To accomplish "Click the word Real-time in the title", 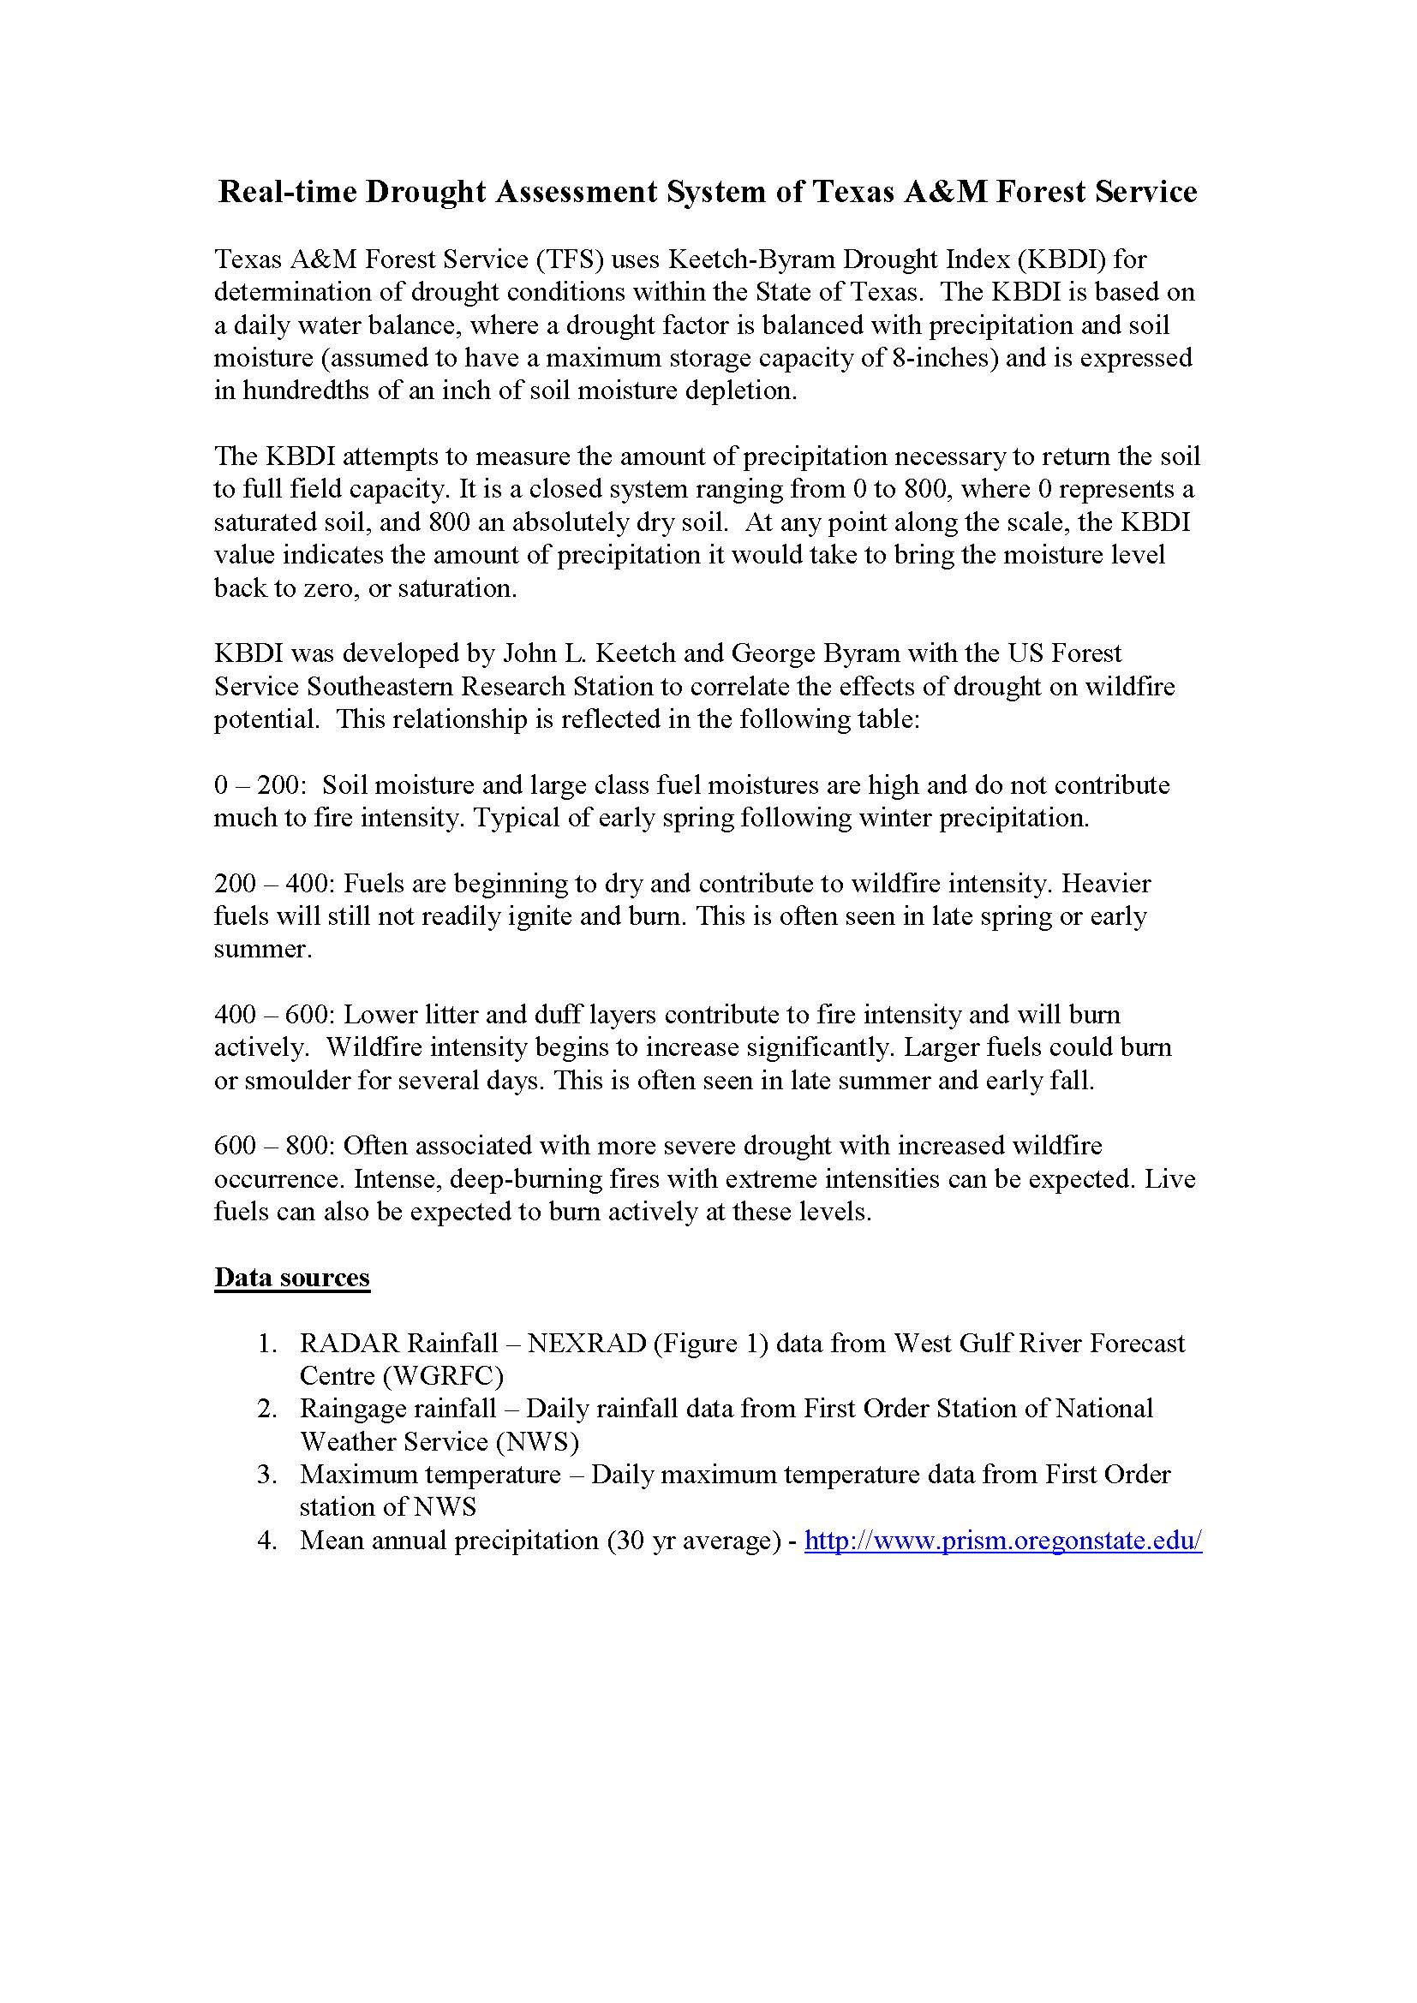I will [x=287, y=191].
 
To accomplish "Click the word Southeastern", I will [x=380, y=687].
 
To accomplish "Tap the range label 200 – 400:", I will [x=274, y=884].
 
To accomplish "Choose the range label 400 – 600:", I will [x=274, y=1015].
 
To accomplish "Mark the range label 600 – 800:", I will [x=274, y=1146].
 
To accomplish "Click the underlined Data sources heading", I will [x=292, y=1278].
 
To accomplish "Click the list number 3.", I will [x=266, y=1475].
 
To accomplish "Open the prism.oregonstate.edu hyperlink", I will [x=1002, y=1541].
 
